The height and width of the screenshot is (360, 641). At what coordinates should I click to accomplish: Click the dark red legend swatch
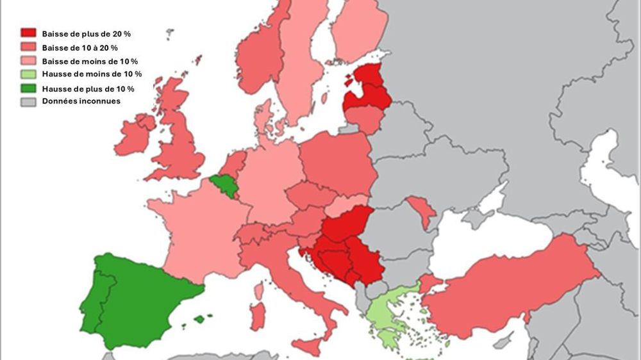28,33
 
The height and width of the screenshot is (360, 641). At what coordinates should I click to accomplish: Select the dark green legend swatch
28,88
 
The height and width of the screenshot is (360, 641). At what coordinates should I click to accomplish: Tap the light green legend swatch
28,74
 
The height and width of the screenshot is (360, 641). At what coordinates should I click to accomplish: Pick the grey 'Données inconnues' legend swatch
28,101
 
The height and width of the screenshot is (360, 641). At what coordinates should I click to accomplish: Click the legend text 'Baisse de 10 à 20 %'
79,47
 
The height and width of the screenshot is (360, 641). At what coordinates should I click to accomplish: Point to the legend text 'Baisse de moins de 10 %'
90,61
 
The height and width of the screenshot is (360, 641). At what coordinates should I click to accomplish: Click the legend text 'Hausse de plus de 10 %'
88,88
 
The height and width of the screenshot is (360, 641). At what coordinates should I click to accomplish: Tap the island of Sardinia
258,316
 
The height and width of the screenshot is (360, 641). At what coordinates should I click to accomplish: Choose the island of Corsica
259,291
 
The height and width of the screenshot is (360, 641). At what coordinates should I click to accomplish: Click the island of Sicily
308,347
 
